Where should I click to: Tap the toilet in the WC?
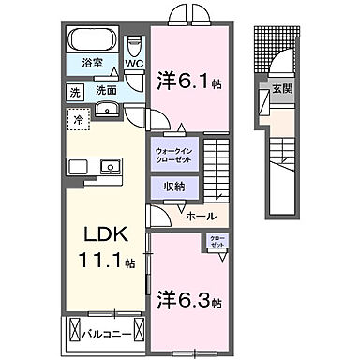[134, 47]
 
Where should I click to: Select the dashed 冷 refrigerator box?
[80, 120]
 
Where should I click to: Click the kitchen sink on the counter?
[111, 168]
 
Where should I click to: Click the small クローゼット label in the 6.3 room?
[217, 242]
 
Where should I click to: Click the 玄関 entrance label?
[280, 89]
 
